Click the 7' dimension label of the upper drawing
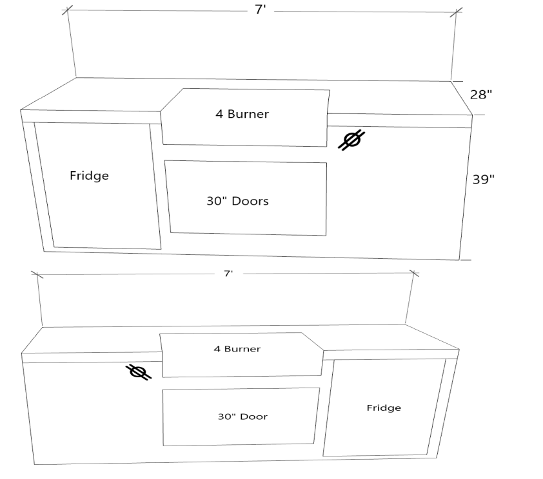261,11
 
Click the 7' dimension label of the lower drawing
228,274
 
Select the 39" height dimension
483,180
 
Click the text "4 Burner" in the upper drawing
242,115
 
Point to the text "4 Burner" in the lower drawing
237,349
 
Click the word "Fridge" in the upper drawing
89,175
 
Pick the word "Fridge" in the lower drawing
384,408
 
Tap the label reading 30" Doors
237,201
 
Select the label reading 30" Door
242,417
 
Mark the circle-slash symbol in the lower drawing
138,371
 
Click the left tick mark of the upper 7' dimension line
68,11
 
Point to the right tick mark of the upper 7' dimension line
456,12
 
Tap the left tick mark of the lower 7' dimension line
36,274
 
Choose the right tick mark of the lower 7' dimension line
414,274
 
